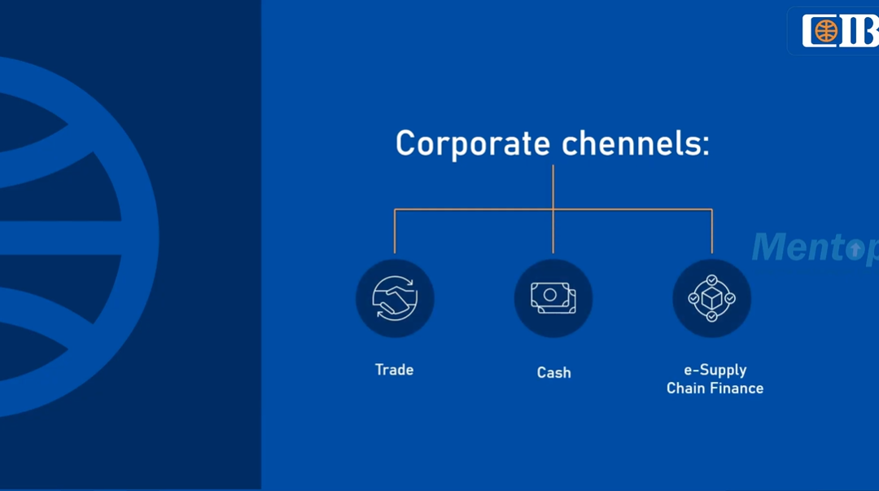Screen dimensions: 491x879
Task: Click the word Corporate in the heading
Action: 472,144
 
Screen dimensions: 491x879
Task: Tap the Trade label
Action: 394,370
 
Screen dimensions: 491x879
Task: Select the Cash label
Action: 553,373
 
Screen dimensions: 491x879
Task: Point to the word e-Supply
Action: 715,370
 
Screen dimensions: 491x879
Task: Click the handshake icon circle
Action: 395,298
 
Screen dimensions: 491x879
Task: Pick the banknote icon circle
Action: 553,298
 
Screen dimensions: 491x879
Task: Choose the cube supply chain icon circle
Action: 711,298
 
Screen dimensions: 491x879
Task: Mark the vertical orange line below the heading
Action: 553,187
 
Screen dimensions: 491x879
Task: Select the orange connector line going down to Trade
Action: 395,231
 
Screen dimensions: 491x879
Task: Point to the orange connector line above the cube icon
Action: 712,231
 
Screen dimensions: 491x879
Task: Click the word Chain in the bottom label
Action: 685,388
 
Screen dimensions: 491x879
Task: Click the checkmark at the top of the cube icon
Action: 711,280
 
